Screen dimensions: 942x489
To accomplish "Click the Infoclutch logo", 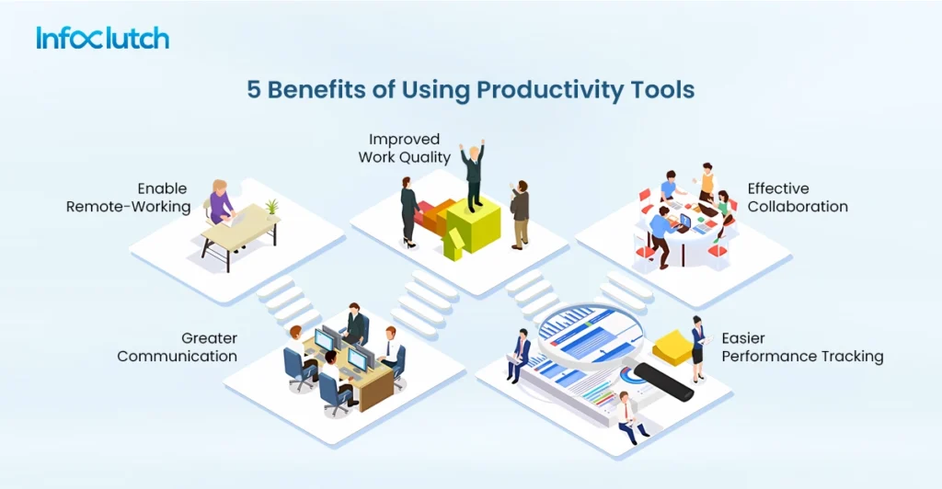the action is tap(103, 38).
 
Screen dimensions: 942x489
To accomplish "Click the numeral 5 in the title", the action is tap(254, 90).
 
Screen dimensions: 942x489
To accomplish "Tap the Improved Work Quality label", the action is tap(405, 148).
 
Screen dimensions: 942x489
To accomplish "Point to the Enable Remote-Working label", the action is tap(129, 198).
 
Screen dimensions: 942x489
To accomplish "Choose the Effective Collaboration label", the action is tap(798, 198).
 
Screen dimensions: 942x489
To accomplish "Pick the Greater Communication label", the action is tap(178, 347).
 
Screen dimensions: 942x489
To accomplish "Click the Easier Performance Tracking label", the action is tap(802, 347).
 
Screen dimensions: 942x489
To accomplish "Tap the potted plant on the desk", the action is tap(272, 208).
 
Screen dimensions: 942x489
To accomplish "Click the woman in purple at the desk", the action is tap(221, 203).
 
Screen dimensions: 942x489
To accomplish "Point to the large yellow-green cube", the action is tap(474, 225).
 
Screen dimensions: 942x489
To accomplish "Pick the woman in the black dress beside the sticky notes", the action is tap(697, 348).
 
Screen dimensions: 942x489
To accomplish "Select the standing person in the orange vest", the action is tap(706, 182).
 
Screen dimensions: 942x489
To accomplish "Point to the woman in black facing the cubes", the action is tap(409, 211).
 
